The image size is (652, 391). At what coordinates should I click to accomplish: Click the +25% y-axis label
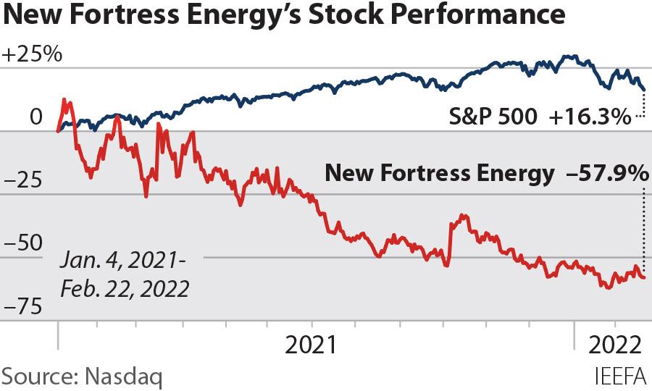[33, 55]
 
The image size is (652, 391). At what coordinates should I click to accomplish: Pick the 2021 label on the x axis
[311, 344]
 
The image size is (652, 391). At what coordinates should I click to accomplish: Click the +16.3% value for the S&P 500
[590, 117]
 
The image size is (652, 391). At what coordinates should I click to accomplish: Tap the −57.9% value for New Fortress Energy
[602, 173]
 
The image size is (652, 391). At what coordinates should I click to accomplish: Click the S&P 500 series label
[489, 117]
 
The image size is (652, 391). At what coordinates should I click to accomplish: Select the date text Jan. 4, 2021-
[124, 261]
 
